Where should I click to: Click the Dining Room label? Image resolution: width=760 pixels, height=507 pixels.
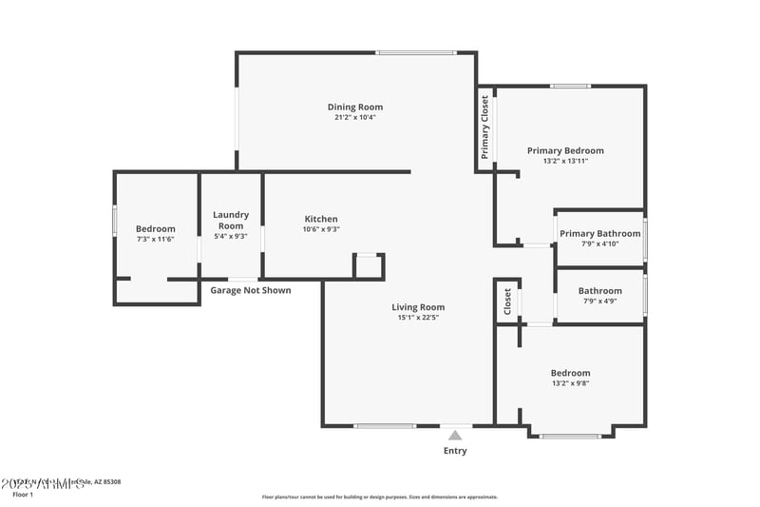click(x=355, y=107)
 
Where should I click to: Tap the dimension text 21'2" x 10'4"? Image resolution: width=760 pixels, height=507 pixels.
click(x=355, y=118)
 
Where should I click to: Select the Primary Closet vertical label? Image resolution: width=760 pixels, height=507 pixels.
click(x=485, y=127)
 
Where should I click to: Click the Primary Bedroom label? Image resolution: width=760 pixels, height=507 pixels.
click(x=565, y=150)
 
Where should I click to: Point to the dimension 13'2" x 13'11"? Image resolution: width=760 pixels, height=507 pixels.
click(x=565, y=161)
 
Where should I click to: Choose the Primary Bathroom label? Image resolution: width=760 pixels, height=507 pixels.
click(x=599, y=233)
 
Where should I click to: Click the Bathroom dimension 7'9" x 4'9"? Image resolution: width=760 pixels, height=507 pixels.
click(x=599, y=302)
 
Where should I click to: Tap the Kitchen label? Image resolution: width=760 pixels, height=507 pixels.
click(x=320, y=219)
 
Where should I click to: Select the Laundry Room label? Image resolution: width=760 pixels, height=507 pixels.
click(x=231, y=220)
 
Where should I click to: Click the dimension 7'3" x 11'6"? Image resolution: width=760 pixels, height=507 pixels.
click(x=155, y=240)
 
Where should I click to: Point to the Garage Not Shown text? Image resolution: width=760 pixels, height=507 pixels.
click(x=251, y=290)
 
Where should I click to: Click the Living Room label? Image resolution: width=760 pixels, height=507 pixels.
click(x=418, y=307)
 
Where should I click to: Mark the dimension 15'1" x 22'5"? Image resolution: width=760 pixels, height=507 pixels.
click(x=418, y=318)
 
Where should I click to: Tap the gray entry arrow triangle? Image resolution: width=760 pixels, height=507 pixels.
click(x=455, y=436)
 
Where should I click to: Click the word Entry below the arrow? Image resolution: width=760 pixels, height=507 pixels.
click(x=455, y=451)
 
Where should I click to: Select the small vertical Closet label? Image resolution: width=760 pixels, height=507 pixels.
click(x=507, y=302)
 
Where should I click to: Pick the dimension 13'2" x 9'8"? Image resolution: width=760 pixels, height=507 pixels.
click(x=570, y=383)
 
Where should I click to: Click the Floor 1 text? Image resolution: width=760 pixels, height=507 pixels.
click(x=22, y=495)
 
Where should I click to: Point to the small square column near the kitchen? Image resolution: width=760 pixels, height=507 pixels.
click(x=369, y=265)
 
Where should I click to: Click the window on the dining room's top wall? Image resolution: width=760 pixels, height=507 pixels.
click(x=414, y=52)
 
